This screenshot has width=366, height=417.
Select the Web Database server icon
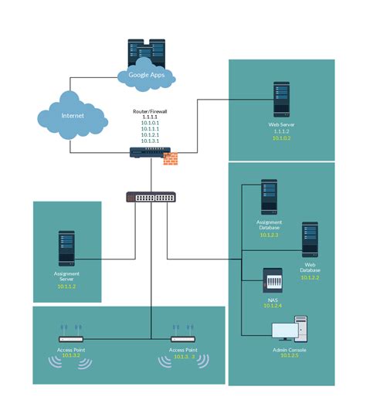pos(310,239)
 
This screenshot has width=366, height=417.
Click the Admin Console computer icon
pos(290,331)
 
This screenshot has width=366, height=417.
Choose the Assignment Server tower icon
pos(67,249)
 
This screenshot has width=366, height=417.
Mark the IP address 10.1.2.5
pos(290,355)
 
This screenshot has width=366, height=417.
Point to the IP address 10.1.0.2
pos(281,138)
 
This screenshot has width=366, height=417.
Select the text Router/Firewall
pos(150,111)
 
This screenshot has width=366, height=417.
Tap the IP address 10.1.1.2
pos(67,286)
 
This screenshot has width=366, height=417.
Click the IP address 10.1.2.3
pos(269,235)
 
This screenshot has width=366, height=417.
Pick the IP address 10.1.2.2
pos(310,277)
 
